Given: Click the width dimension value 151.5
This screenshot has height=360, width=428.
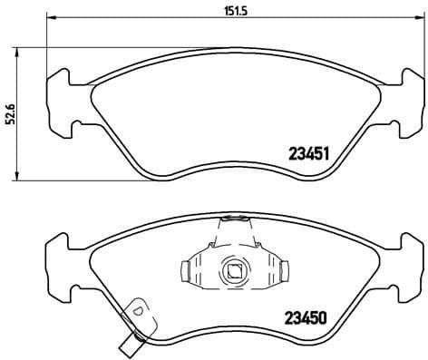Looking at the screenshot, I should [219, 10].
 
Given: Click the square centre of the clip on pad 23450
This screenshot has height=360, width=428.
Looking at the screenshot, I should [234, 270].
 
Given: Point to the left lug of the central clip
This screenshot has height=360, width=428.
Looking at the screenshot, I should [187, 270].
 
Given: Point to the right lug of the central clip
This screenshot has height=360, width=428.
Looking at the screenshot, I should [282, 270].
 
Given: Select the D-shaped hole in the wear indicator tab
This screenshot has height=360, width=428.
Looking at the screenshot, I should [139, 311].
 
